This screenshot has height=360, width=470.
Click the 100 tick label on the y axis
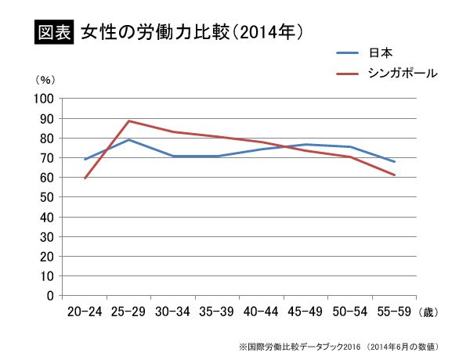[x=42, y=99]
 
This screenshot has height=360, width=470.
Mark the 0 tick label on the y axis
[x=48, y=296]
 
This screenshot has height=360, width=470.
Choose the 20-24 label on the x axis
[x=85, y=311]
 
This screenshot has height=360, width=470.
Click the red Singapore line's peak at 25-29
[x=128, y=121]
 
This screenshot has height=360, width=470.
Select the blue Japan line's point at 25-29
[x=128, y=140]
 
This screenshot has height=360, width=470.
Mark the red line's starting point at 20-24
[x=85, y=178]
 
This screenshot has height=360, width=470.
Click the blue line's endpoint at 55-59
[x=394, y=162]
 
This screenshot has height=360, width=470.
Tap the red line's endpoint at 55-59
[x=394, y=175]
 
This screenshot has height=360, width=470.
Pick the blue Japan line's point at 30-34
[x=173, y=157]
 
